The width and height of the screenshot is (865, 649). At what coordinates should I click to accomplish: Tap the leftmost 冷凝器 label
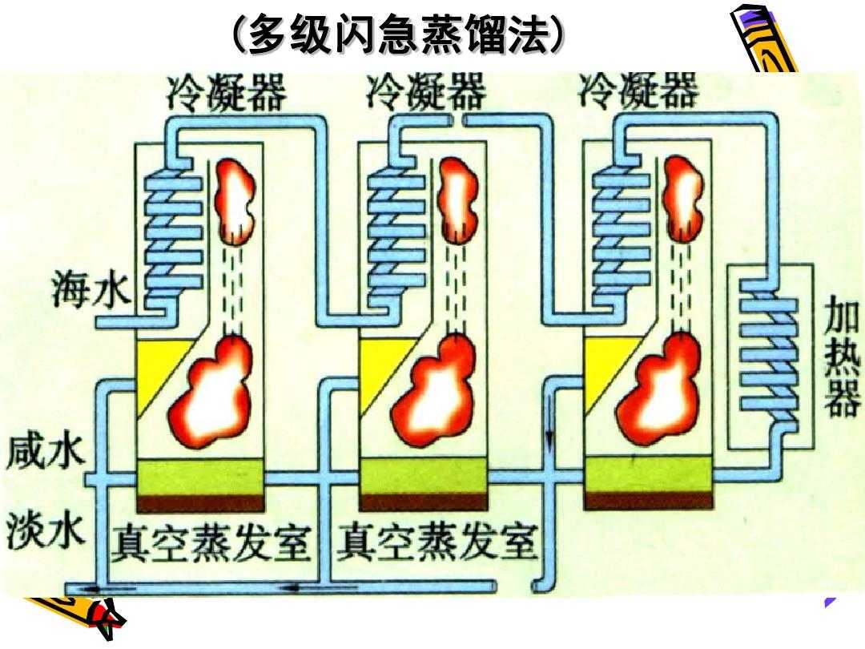(226, 92)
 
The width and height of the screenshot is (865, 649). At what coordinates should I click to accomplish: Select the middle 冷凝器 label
(426, 92)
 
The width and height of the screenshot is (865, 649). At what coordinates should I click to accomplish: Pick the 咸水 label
(46, 453)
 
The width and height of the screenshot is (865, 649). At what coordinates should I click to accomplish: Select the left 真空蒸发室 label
(210, 544)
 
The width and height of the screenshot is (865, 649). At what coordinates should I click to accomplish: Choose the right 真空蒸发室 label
(437, 544)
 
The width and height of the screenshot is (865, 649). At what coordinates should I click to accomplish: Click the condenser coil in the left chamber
(172, 232)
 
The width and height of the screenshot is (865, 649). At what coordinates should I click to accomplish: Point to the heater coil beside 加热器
(767, 353)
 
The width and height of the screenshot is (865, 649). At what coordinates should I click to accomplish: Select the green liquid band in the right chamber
(648, 476)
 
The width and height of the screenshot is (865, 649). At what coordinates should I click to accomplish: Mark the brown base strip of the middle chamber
(424, 502)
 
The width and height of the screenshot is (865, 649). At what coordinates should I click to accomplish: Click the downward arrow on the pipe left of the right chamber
(550, 437)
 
